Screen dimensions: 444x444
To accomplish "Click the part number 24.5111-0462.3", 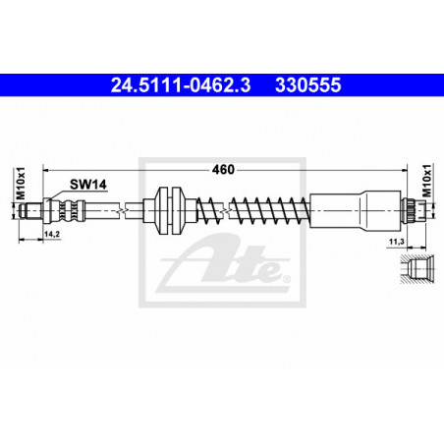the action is coord(181,84).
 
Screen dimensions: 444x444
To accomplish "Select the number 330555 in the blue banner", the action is coord(308,84).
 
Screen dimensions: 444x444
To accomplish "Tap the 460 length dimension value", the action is coord(223,170).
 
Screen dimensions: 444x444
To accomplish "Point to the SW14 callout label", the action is coord(88,185).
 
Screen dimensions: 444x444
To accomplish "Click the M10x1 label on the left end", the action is coord(21,184).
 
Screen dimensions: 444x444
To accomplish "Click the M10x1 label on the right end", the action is coord(426,181).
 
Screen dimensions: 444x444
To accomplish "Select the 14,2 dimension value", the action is coord(52,234).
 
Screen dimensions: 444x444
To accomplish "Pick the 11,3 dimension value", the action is coord(396,242).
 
